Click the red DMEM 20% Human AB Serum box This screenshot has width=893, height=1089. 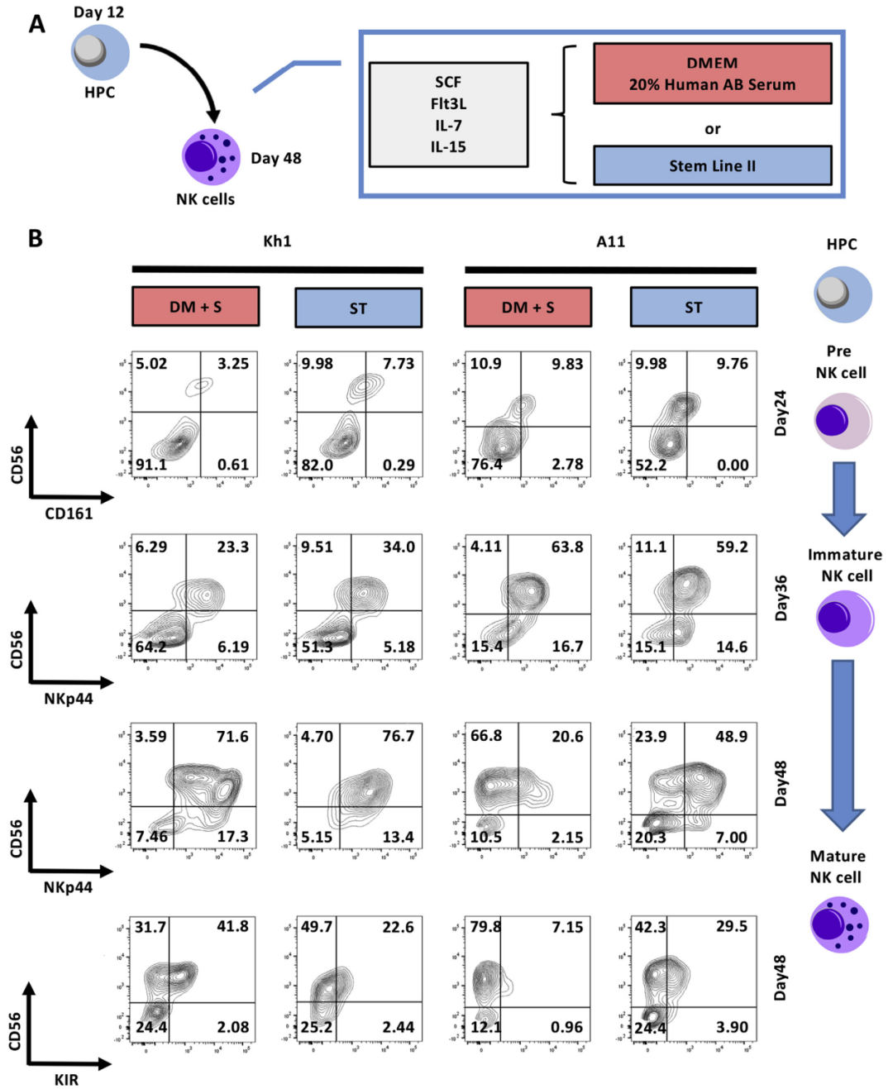pos(712,74)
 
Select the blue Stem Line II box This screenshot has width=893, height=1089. pos(712,165)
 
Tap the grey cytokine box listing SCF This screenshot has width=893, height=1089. pos(448,114)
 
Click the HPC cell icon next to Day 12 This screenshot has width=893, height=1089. pos(99,51)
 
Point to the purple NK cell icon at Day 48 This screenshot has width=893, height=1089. pos(211,156)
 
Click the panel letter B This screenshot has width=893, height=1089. pos(36,239)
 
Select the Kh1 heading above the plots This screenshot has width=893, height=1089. pos(277,241)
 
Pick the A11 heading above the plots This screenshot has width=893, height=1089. pos(610,241)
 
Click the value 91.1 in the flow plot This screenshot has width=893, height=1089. pos(151,465)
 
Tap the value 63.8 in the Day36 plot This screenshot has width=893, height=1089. pos(567,547)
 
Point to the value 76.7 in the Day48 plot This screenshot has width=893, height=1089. pos(398,736)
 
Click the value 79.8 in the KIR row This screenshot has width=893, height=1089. pos(485,927)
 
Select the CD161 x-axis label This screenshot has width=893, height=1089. pos(69,513)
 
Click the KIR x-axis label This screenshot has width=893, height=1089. pos(66,1080)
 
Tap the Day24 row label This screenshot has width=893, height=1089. pos(781,413)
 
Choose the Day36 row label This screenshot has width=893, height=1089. pos(781,598)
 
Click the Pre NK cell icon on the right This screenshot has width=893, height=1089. pos(842,421)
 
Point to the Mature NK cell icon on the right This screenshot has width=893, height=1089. pos(839,925)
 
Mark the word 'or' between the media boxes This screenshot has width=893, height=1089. pos(712,129)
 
